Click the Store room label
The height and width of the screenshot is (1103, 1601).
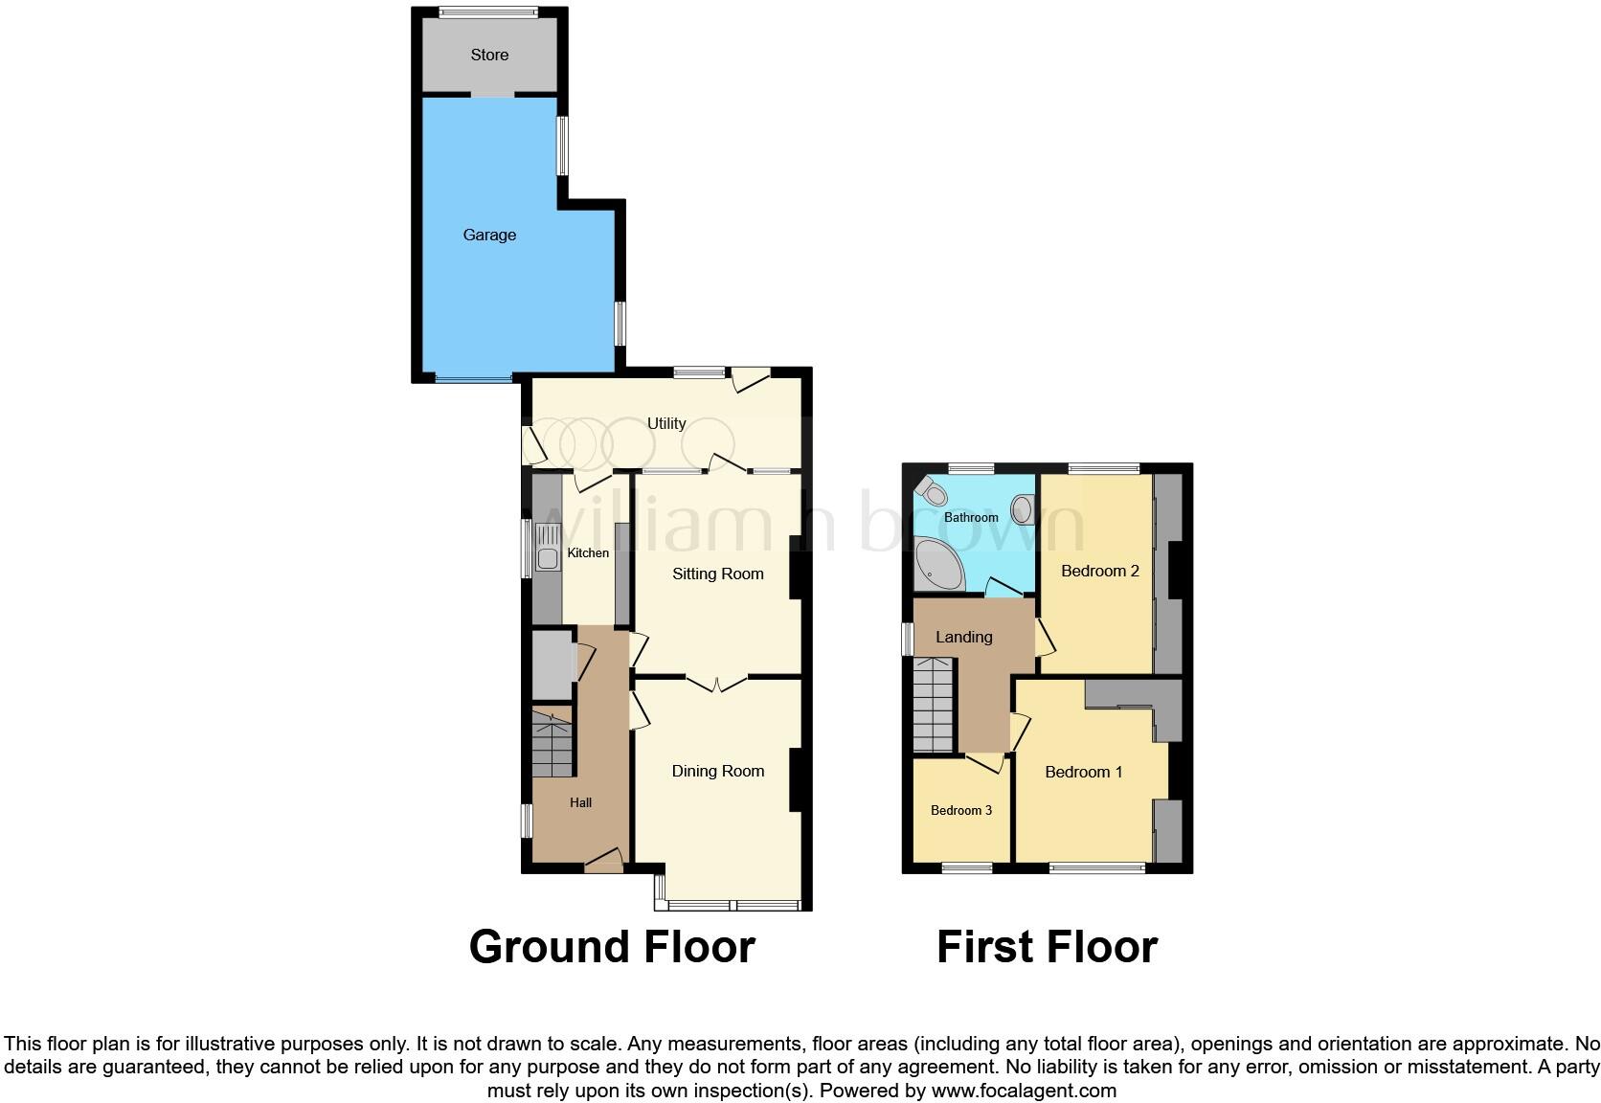click(489, 55)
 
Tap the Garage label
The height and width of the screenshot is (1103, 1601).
click(489, 235)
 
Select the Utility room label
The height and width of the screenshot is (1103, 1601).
click(666, 423)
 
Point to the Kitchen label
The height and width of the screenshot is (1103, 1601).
click(588, 552)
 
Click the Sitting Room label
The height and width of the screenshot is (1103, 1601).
click(718, 574)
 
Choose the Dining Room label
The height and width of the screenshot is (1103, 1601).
click(718, 771)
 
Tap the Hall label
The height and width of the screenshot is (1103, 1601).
click(580, 802)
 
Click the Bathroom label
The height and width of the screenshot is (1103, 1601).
click(971, 517)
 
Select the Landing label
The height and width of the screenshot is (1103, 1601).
click(963, 637)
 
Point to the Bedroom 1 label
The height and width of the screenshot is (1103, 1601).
click(1084, 772)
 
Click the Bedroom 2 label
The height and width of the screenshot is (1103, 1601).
click(1100, 571)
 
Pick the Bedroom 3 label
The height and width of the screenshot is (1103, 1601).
click(961, 810)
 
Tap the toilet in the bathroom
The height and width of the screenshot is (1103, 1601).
click(931, 491)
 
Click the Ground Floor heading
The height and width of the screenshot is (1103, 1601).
click(612, 947)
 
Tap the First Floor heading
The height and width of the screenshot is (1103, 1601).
click(1047, 947)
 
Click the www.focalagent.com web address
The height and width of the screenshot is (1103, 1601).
click(1024, 1091)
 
